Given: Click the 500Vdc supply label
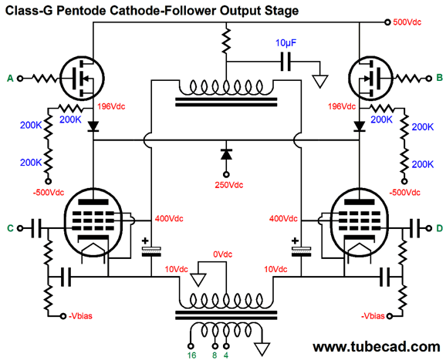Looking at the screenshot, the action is (x=407, y=22).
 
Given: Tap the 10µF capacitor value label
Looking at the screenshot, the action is (x=286, y=43).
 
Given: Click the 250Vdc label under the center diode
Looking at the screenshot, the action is (x=229, y=185).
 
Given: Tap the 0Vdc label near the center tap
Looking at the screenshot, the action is (x=223, y=254).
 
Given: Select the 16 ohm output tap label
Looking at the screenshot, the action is (x=191, y=355).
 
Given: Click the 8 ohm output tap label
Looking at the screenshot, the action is (x=215, y=355).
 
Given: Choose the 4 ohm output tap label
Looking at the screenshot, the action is (x=226, y=355).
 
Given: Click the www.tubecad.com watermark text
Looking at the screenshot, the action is (x=377, y=347).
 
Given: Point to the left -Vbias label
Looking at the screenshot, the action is (x=81, y=316).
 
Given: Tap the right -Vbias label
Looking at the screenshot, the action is (x=373, y=316).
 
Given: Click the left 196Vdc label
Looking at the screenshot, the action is (x=111, y=106).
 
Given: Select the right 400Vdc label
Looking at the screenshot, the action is (x=283, y=218).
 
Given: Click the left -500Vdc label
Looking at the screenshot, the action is (x=49, y=193).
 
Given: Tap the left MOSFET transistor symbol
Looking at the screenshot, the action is (x=83, y=78).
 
